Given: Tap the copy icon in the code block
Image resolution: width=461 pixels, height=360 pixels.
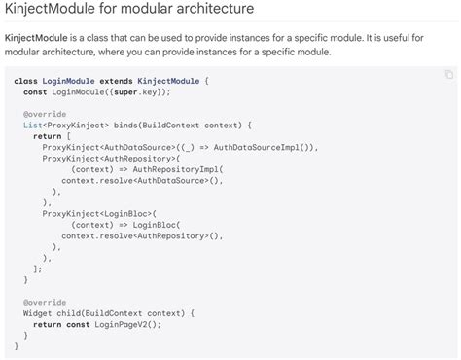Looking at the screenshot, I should [x=448, y=74].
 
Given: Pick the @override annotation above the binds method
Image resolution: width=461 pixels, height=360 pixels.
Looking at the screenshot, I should [x=43, y=115].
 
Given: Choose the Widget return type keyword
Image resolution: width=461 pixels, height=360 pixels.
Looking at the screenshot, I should [x=38, y=312].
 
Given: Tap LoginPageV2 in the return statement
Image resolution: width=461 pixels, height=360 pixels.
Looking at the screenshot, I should [x=122, y=324].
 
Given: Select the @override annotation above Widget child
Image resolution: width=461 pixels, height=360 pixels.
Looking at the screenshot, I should [x=43, y=302].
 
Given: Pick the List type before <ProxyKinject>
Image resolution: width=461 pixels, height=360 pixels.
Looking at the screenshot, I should [x=32, y=126].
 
